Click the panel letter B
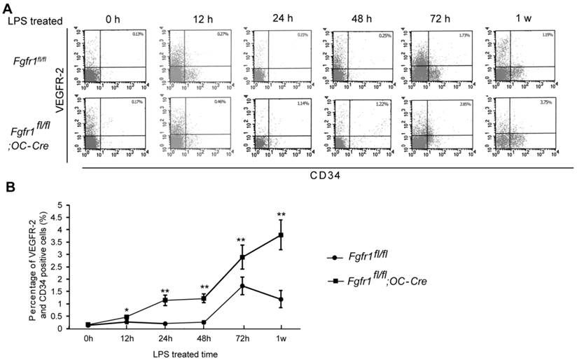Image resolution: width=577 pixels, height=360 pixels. (x=10, y=187)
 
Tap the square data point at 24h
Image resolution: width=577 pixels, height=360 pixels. (x=165, y=300)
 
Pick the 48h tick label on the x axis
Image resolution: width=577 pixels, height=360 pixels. (x=204, y=338)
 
